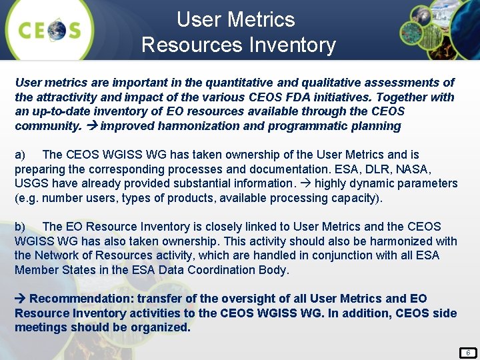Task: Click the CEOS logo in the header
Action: click(50, 30)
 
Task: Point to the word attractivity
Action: click(71, 97)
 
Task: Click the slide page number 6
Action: click(468, 352)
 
